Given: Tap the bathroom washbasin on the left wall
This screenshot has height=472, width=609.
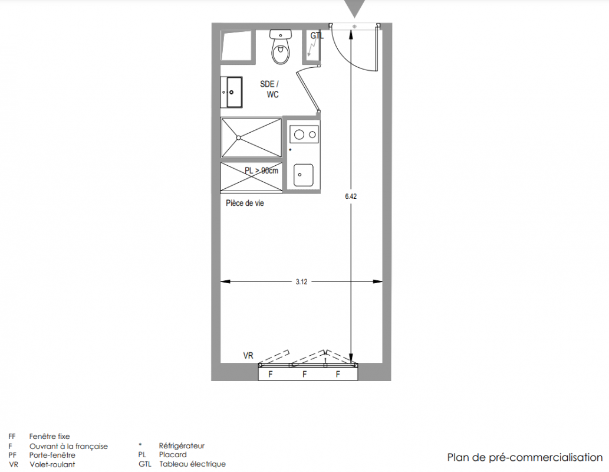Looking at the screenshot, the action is point(232,92).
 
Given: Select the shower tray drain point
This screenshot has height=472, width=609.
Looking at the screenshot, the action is point(239,137).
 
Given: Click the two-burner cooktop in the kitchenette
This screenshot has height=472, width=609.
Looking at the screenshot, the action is point(304,135).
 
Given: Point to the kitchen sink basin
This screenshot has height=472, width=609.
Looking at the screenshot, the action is point(304,175).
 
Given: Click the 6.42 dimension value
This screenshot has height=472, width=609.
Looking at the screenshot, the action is point(351,196).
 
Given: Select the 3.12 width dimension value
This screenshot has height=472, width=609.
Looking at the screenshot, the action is point(301,282).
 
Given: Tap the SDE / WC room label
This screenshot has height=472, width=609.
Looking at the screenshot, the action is point(269,89).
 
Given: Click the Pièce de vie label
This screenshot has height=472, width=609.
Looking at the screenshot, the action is point(245,203).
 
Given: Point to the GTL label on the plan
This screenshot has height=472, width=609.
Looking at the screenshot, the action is point(317,36).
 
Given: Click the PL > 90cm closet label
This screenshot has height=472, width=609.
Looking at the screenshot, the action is point(261,171).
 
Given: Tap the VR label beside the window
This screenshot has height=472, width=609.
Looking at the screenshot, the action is point(248,355).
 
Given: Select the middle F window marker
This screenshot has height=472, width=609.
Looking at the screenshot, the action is point(304,374).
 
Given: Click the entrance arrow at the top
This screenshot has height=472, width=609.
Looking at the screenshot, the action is point(354,8).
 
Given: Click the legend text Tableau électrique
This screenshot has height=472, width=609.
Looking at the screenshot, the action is point(192,464).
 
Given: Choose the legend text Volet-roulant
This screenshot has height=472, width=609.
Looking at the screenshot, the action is point(52,464).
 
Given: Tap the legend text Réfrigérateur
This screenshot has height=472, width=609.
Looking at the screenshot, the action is point(182,446).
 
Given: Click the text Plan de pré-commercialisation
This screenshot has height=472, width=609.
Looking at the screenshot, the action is point(525,458).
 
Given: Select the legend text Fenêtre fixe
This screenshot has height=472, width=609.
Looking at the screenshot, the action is point(50,436).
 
